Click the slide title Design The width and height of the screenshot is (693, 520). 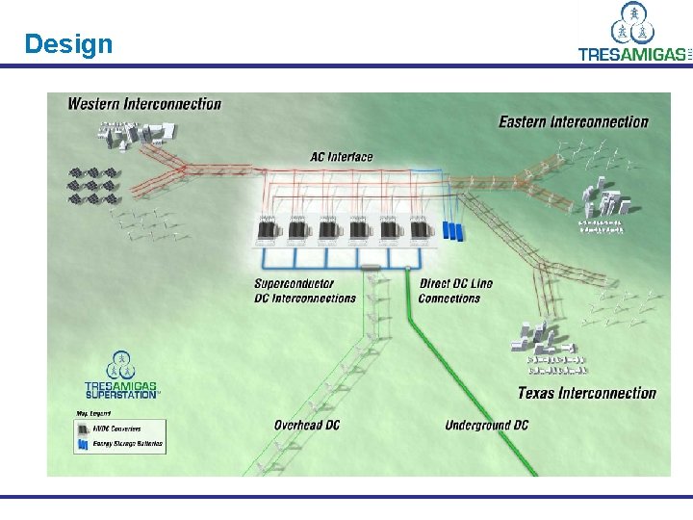[x=68, y=44]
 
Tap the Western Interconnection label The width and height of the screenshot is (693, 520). [x=144, y=104]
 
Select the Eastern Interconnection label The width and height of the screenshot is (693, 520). [x=574, y=121]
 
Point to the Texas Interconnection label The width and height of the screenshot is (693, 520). [x=586, y=393]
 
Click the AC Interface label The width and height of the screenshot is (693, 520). [x=341, y=157]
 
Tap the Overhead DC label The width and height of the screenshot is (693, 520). [x=306, y=425]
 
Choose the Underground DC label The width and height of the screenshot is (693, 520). [x=486, y=425]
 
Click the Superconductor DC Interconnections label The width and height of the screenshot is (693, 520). [x=305, y=291]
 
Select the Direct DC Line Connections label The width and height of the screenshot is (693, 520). [x=455, y=291]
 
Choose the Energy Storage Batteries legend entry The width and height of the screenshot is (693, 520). [x=119, y=445]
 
